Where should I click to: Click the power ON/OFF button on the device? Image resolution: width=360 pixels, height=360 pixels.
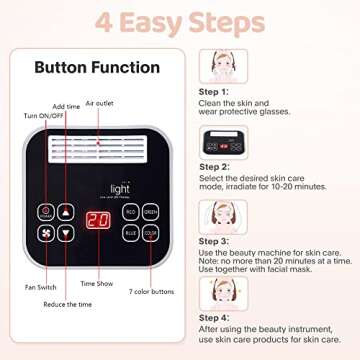[x=46, y=212]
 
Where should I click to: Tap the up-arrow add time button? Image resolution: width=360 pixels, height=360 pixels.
[x=66, y=212]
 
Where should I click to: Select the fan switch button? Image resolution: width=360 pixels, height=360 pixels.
[x=46, y=233]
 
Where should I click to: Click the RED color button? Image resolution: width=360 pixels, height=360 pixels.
[x=131, y=212]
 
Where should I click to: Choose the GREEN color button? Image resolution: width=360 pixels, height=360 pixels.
[x=150, y=212]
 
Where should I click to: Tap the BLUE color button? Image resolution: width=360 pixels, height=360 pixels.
[x=131, y=232]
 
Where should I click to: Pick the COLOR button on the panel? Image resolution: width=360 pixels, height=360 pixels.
[x=150, y=232]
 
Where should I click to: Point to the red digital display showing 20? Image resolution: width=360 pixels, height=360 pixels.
[x=97, y=222]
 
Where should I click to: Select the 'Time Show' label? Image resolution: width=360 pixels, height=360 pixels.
[x=97, y=283]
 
